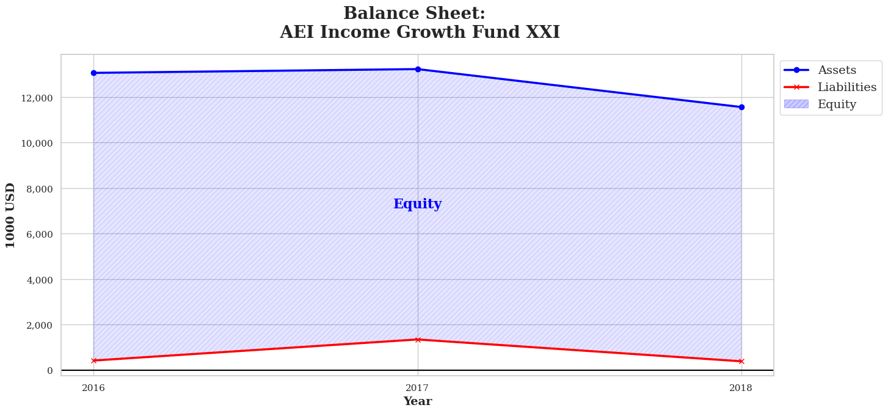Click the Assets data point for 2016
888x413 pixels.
coord(93,73)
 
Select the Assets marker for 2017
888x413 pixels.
coord(418,69)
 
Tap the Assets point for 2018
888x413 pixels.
coord(741,107)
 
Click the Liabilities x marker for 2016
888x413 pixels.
coord(93,360)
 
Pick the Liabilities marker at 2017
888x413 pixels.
coord(418,340)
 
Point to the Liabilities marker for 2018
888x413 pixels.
coord(741,362)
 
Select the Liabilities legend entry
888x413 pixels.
coord(830,87)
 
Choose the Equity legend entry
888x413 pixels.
coord(820,104)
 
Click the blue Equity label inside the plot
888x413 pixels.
coord(418,204)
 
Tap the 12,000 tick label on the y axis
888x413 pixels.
coord(37,98)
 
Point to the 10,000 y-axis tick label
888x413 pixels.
coord(37,143)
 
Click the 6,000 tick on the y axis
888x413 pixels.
coord(39,235)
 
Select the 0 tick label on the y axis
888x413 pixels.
coord(50,371)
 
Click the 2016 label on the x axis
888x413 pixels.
coord(93,388)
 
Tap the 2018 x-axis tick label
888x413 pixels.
coord(741,388)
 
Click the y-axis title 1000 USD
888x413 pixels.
coord(10,216)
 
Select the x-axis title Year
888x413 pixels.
coord(418,401)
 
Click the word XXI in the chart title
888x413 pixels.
coord(543,32)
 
